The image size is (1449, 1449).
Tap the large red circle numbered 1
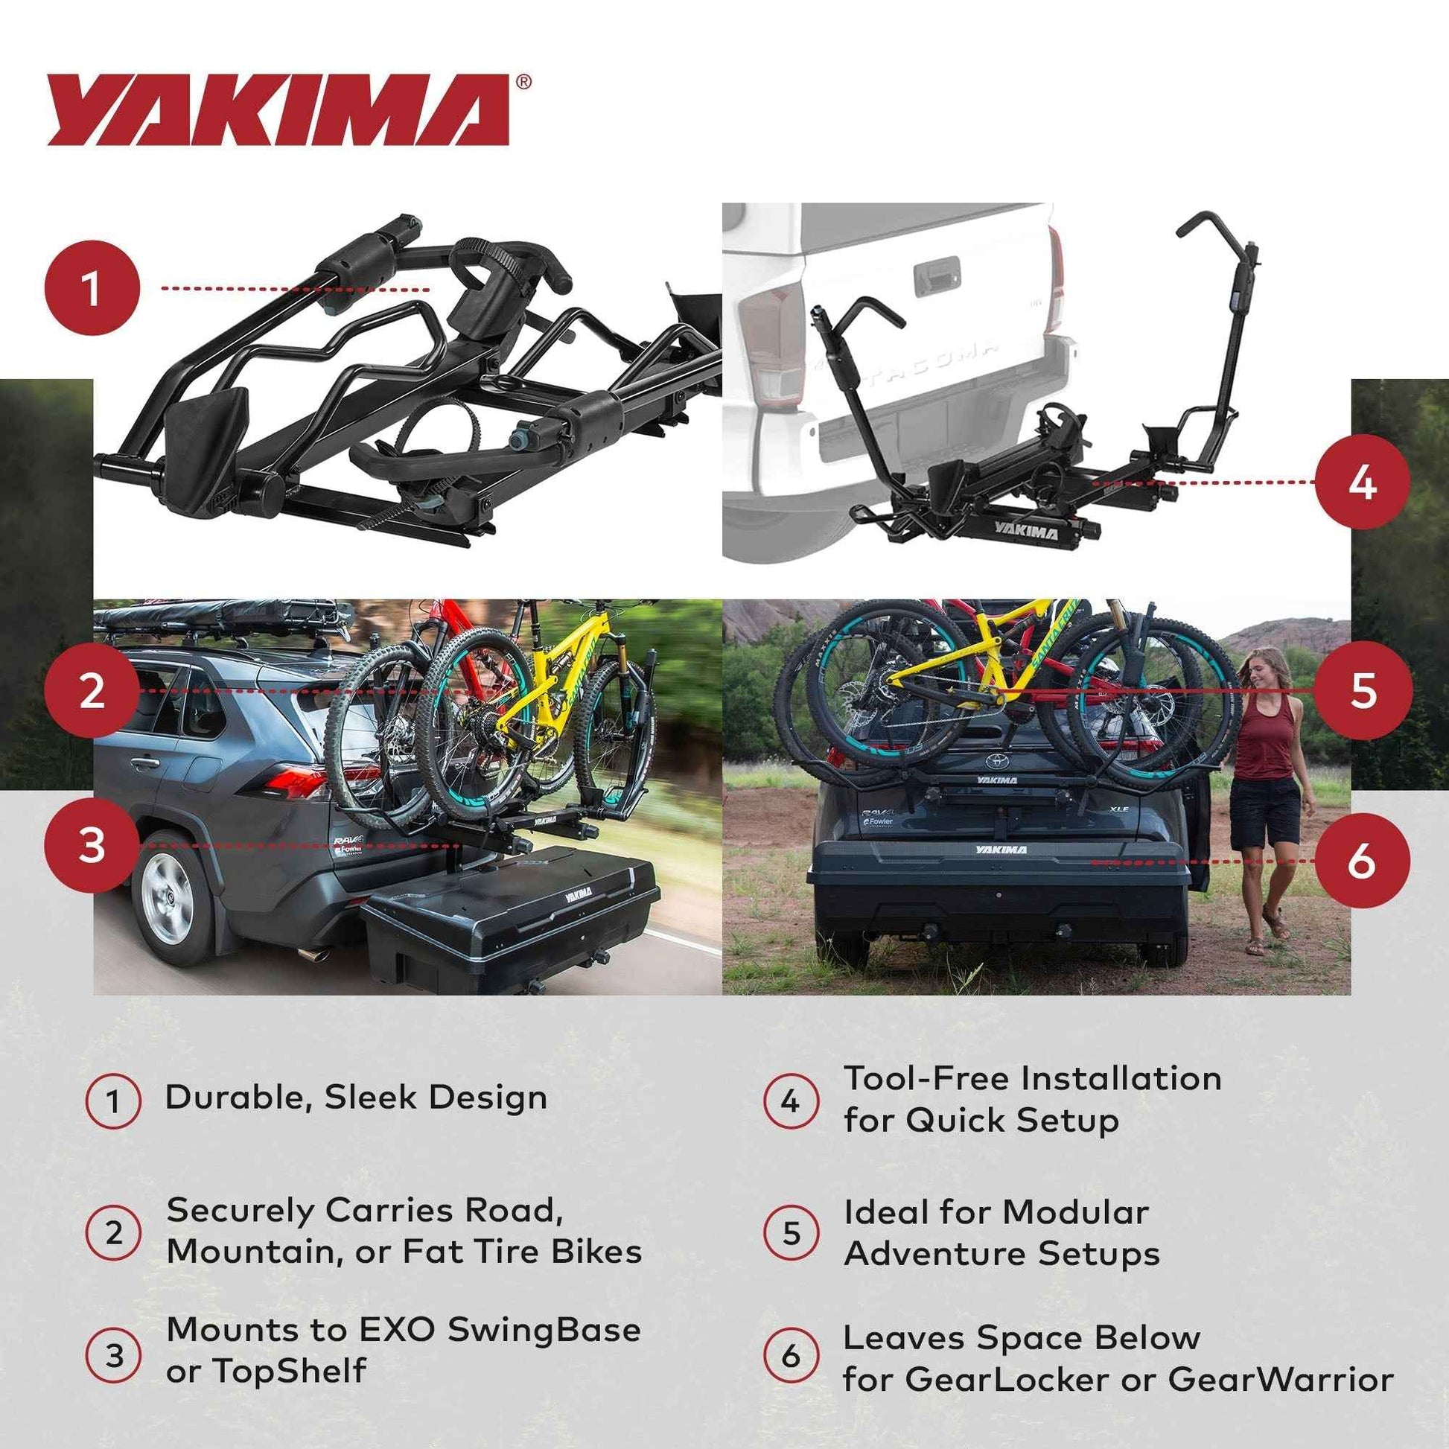[x=92, y=289]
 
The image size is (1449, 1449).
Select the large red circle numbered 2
[x=92, y=690]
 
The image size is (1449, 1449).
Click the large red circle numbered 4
[x=1362, y=483]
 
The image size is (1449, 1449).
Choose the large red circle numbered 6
[x=1362, y=861]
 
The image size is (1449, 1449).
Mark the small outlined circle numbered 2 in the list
[x=113, y=1233]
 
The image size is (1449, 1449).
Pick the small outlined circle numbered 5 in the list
[x=791, y=1233]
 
